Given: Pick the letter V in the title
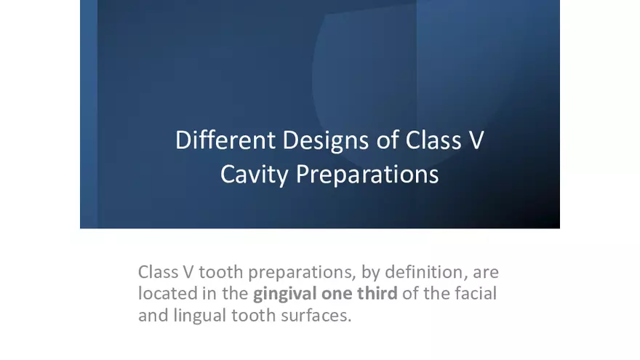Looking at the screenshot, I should [476, 140].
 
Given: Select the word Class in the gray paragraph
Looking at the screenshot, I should [158, 273].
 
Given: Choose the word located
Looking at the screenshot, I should [165, 294].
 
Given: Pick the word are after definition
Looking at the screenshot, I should [486, 273].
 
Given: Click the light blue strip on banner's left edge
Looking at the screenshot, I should [88, 114].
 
